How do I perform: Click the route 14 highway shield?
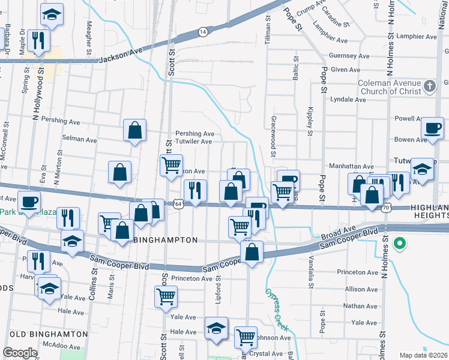pyautogui.click(x=203, y=31)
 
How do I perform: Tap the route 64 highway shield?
pyautogui.click(x=179, y=205)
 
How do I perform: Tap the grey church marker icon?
pyautogui.click(x=429, y=86)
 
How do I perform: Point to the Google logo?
pyautogui.click(x=20, y=353)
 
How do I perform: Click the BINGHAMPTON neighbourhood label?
pyautogui.click(x=166, y=240)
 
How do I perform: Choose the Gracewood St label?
pyautogui.click(x=273, y=137)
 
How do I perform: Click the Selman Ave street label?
pyautogui.click(x=80, y=140)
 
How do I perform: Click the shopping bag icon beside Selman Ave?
pyautogui.click(x=135, y=130)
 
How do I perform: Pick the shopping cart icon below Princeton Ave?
pyautogui.click(x=166, y=296)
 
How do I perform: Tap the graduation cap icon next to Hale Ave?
pyautogui.click(x=216, y=328)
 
